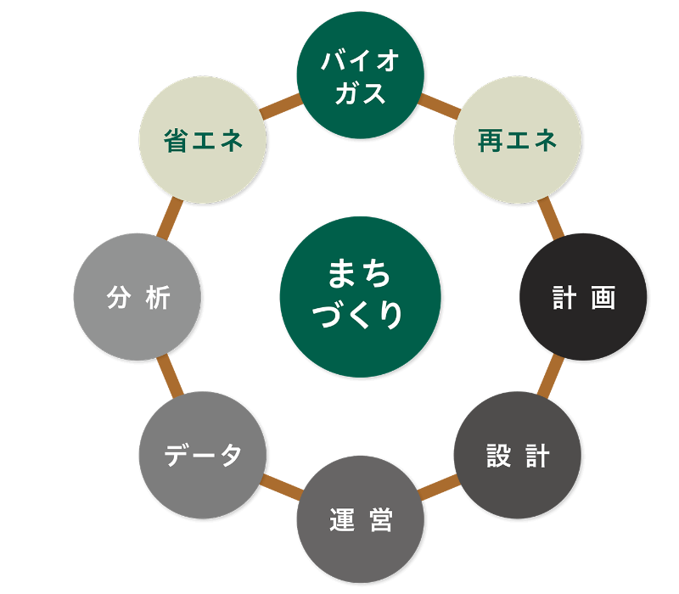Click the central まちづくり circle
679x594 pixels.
(360, 296)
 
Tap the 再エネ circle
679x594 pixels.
(517, 140)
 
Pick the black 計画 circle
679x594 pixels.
(583, 297)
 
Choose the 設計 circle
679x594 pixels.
(517, 455)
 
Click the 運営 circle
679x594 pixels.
(360, 519)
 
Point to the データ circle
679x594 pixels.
(203, 455)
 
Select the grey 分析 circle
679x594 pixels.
(137, 297)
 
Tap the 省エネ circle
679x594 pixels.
(203, 140)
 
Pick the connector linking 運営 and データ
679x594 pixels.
(281, 488)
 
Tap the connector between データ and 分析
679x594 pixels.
(169, 377)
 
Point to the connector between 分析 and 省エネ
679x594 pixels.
(169, 219)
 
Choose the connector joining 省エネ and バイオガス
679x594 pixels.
(281, 107)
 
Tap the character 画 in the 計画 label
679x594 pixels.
(603, 298)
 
